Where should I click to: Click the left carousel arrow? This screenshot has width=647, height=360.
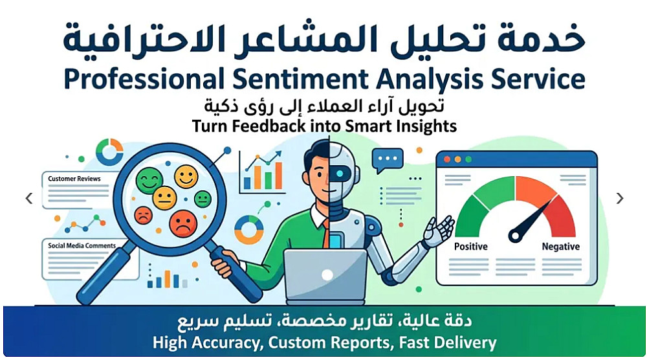pos(29,198)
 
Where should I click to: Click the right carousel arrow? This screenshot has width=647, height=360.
pos(620,198)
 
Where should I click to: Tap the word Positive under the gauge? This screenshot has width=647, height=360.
pos(471,247)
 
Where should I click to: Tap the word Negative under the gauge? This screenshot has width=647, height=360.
pos(561,247)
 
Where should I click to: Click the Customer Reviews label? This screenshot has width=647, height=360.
pos(74,179)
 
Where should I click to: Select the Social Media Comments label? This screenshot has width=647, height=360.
pos(82,245)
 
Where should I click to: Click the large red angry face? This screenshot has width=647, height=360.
pos(183,223)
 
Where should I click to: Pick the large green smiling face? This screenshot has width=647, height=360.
pos(149,181)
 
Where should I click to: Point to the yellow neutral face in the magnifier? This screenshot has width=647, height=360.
pos(164,197)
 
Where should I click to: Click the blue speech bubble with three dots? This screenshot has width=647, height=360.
pos(388,160)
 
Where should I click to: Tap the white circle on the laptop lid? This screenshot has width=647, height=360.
pos(327,275)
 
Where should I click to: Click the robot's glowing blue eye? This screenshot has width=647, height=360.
pos(340,174)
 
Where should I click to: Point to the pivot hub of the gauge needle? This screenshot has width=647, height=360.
pos(516,236)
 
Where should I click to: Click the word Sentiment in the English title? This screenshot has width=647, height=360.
pos(300,78)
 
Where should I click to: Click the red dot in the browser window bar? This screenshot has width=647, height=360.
pos(447,159)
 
